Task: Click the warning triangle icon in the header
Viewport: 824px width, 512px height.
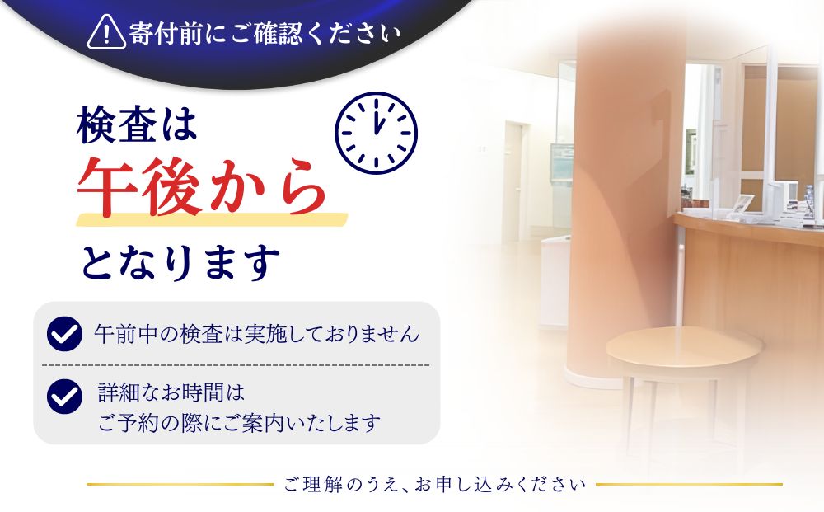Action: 106,33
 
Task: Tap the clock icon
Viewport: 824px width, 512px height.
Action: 376,133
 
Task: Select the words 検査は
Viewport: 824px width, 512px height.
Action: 137,125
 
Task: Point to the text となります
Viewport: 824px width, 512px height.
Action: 180,262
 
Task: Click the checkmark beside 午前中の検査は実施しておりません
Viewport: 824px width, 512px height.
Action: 64,333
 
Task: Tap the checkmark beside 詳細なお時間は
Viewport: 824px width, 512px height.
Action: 64,396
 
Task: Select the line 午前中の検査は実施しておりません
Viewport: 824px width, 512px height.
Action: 256,334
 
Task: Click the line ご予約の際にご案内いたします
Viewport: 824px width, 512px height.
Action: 239,422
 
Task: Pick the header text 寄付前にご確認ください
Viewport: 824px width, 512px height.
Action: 265,33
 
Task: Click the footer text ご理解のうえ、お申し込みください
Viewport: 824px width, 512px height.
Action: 434,484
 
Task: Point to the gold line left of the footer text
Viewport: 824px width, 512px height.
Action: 180,484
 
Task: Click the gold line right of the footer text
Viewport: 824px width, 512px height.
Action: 689,484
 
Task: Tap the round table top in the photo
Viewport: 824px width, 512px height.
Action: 684,347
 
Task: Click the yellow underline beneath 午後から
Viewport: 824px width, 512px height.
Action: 212,219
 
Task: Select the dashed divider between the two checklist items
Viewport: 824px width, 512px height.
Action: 236,364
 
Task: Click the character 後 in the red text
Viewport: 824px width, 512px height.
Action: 171,186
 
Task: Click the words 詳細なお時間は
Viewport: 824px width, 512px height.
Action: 171,392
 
